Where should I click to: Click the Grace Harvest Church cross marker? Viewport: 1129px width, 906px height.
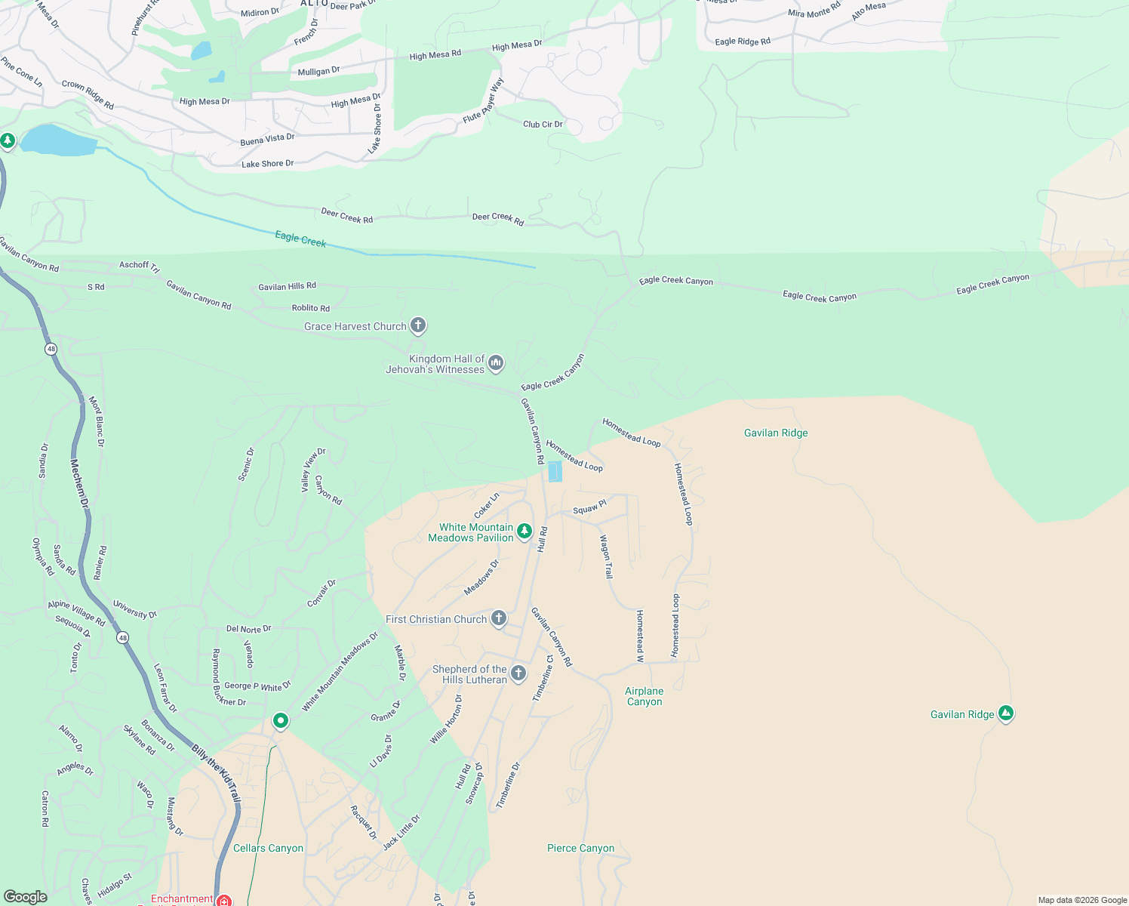[418, 325]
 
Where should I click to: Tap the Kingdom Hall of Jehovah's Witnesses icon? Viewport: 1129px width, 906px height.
[496, 363]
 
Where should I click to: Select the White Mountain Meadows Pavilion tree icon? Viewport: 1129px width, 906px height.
[525, 532]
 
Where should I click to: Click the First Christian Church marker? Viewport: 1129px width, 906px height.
[499, 618]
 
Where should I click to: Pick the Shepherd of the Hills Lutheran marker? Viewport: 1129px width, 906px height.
[518, 673]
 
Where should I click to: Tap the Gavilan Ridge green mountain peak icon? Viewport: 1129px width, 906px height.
[1005, 713]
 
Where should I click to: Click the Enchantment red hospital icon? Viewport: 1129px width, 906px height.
[223, 900]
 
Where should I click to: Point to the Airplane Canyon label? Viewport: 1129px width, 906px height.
[644, 696]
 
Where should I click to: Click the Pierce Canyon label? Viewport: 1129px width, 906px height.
[580, 848]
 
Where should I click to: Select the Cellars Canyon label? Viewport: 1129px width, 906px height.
[268, 848]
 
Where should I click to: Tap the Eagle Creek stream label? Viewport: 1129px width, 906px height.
[300, 239]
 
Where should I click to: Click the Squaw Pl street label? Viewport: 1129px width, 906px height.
[589, 507]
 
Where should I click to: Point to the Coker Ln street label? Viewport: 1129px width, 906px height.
[487, 505]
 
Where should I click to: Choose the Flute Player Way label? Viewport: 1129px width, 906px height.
[484, 101]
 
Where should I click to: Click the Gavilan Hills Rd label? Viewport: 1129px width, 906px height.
[287, 286]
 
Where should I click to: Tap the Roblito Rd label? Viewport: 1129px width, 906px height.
[311, 308]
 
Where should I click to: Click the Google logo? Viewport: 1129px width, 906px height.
[26, 896]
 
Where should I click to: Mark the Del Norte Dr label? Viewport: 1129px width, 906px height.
[248, 628]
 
